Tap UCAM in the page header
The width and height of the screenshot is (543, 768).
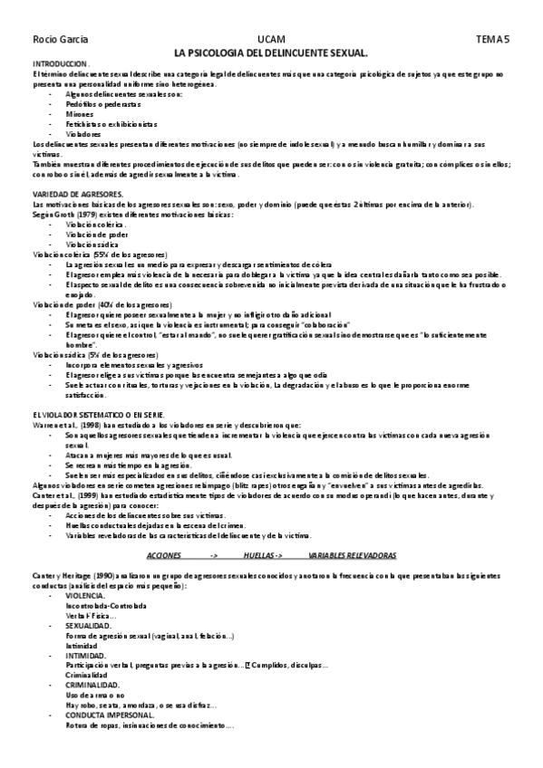click(x=271, y=41)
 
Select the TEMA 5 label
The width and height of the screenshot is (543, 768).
click(x=494, y=41)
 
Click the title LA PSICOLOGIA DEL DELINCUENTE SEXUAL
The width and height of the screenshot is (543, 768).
click(x=271, y=53)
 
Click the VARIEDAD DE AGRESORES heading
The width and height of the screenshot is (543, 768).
click(x=77, y=195)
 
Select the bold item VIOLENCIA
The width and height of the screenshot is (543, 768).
click(x=86, y=595)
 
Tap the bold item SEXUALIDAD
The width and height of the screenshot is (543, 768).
click(x=89, y=626)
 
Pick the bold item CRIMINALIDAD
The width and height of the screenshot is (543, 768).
click(x=92, y=686)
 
